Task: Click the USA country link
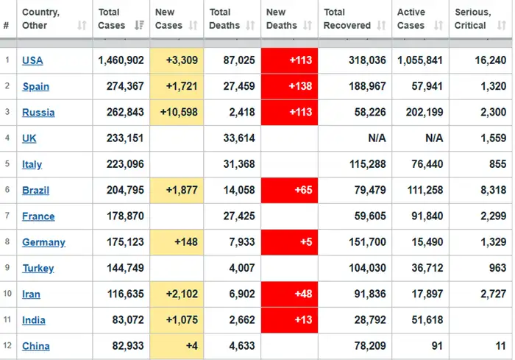(x=32, y=60)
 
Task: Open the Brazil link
(x=35, y=191)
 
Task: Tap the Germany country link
(x=43, y=242)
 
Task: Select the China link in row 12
(x=36, y=346)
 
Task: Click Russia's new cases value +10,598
(x=179, y=112)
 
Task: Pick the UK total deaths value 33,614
(x=239, y=138)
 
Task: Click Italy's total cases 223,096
(x=125, y=164)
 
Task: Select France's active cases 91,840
(x=427, y=216)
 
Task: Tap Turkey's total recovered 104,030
(x=367, y=268)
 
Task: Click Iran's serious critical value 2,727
(x=494, y=294)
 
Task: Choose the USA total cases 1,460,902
(x=121, y=60)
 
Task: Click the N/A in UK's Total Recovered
(x=377, y=138)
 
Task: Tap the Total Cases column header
(x=112, y=18)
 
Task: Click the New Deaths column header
(x=282, y=18)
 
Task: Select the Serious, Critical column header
(x=472, y=18)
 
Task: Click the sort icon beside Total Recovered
(x=381, y=25)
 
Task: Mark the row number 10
(x=7, y=293)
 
